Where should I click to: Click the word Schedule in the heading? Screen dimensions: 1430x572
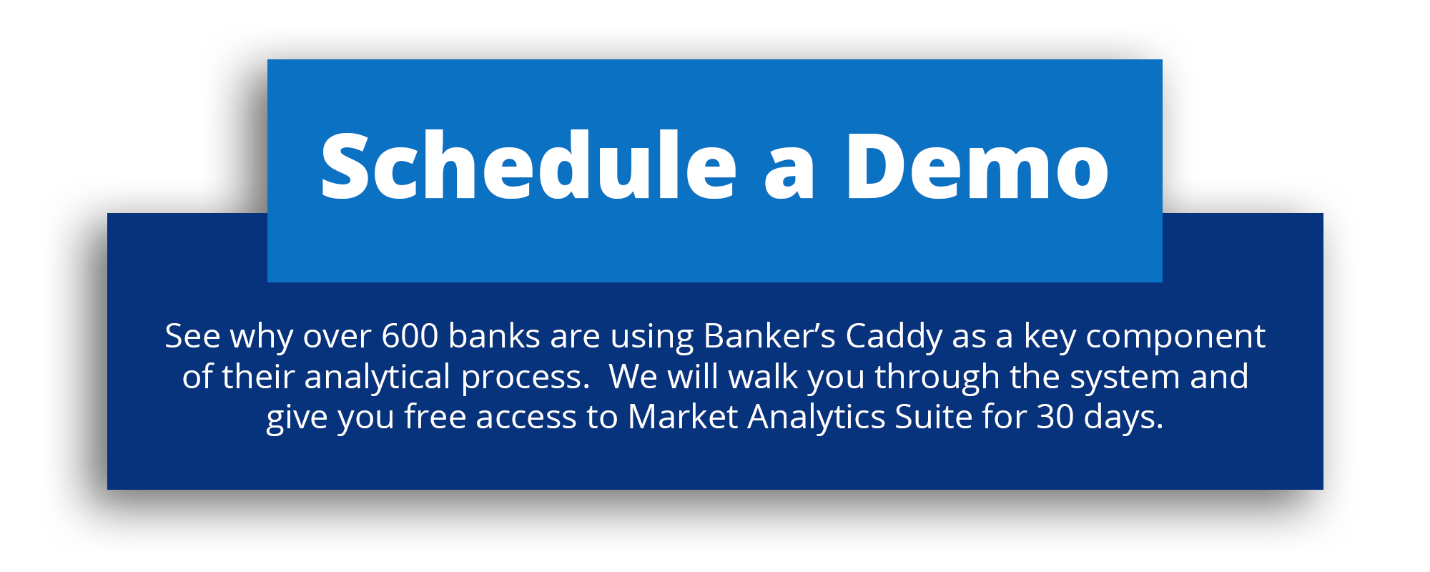tap(528, 165)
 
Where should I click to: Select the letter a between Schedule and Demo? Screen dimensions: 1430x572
tap(789, 175)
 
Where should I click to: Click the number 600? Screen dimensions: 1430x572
tap(410, 336)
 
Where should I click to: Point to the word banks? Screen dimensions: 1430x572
tap(494, 335)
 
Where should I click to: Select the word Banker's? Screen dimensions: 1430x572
tap(769, 335)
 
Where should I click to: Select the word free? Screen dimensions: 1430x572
tap(435, 416)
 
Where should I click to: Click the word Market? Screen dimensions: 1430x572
tap(682, 416)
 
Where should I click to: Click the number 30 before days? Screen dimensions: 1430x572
tap(1055, 417)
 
